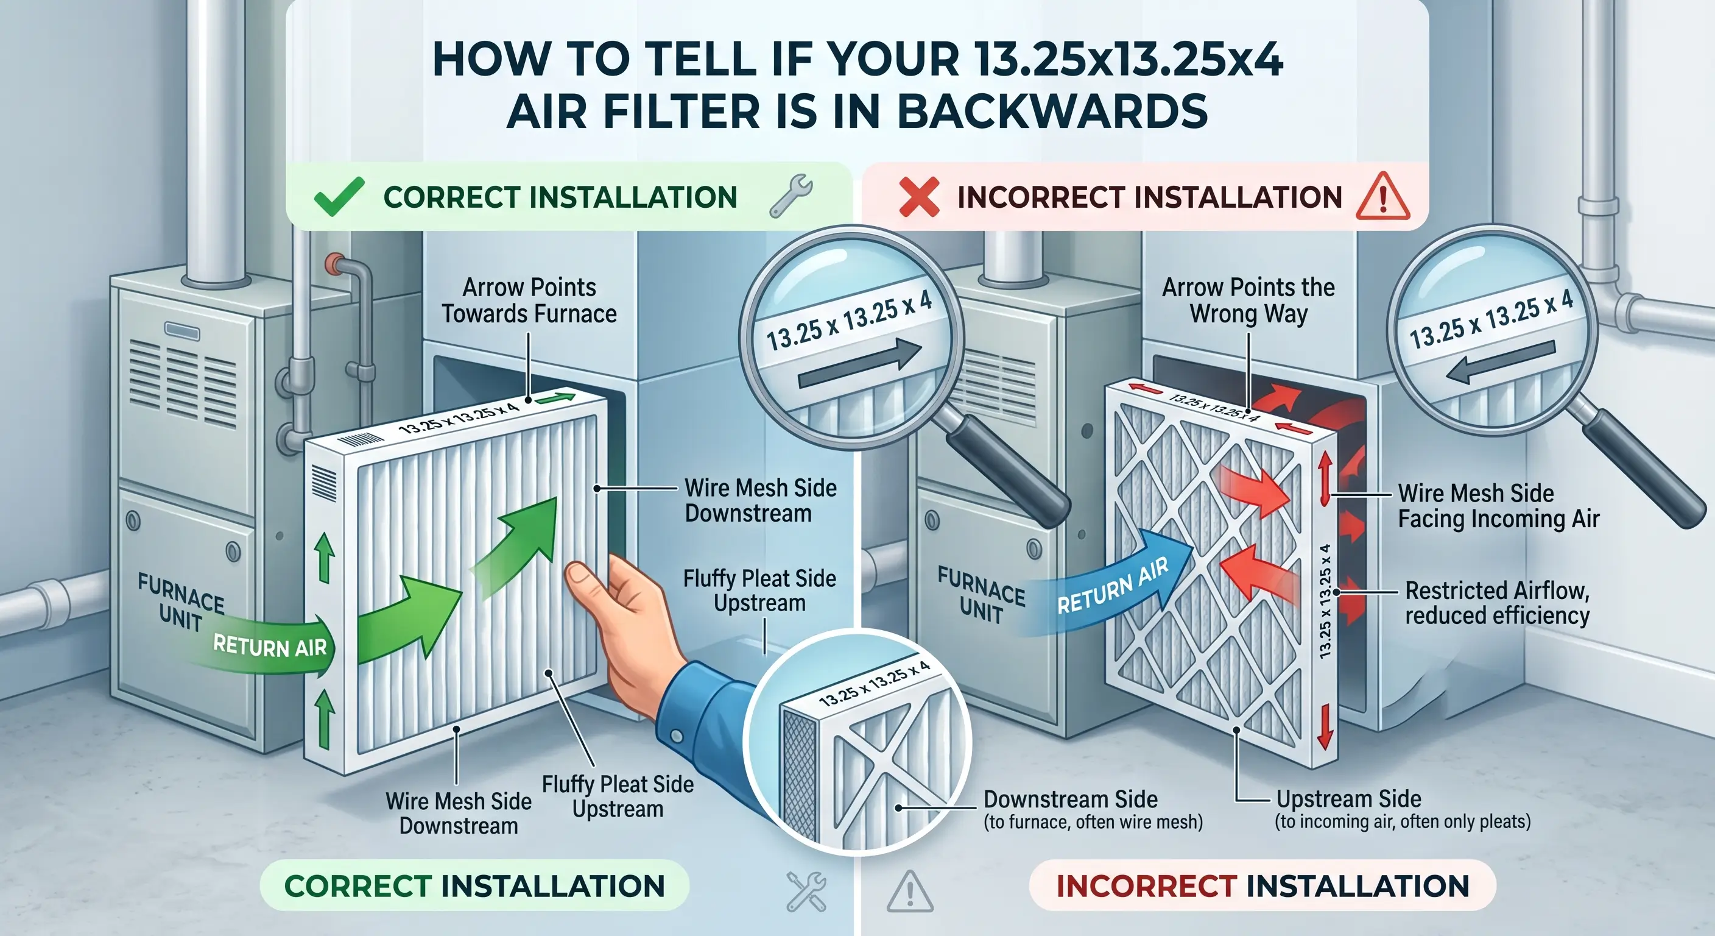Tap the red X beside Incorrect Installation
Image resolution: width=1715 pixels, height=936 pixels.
[x=919, y=197]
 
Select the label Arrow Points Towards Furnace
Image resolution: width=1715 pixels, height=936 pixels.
[x=529, y=300]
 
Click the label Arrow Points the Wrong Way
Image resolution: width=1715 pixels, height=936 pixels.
[x=1248, y=300]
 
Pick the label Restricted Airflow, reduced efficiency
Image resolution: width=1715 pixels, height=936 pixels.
[x=1498, y=603]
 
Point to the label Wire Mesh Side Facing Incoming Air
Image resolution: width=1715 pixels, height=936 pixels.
[x=1498, y=506]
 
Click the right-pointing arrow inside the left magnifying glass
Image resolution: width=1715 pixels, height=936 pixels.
[x=859, y=364]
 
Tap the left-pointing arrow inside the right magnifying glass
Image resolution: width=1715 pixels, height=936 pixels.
[x=1501, y=363]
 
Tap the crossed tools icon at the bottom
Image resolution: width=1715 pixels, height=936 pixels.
[x=806, y=891]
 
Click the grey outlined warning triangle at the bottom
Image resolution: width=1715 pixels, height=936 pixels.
[x=910, y=891]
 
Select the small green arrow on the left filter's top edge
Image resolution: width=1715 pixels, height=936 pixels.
[x=555, y=399]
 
